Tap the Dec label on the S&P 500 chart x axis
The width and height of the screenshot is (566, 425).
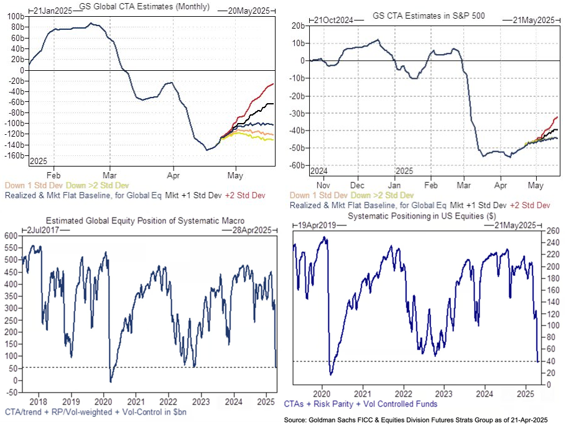[x=356, y=185]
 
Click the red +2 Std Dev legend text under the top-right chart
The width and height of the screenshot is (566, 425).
[x=530, y=205]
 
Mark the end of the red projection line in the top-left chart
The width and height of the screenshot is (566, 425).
[x=273, y=84]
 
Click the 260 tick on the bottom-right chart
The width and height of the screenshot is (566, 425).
[x=553, y=231]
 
